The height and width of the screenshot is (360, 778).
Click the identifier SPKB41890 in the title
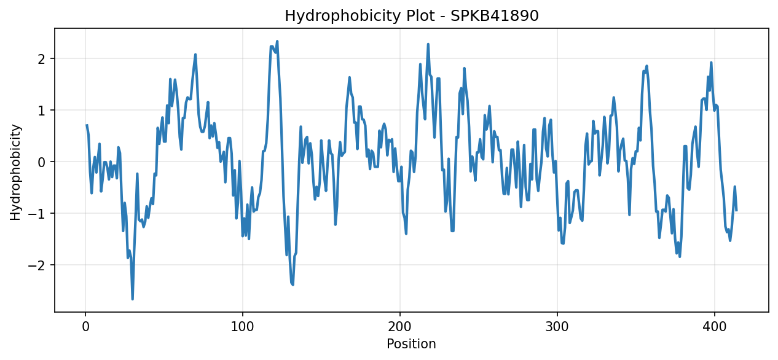tap(495, 16)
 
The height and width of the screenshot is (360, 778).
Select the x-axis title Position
tap(411, 344)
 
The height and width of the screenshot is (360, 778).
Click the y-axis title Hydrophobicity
tap(15, 172)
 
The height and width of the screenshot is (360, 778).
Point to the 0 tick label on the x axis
tap(85, 327)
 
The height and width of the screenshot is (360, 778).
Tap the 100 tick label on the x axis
tap(242, 327)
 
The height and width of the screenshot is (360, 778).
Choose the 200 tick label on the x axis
tap(400, 327)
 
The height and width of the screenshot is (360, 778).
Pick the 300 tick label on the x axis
tap(557, 327)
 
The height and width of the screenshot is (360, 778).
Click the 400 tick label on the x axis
tap(715, 327)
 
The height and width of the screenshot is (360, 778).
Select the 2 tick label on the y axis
tap(42, 59)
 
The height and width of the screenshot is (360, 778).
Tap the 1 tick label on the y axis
tap(42, 111)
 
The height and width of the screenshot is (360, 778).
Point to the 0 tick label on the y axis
tap(42, 162)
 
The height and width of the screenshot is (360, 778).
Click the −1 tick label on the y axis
tap(37, 214)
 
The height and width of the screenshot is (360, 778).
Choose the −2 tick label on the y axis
tap(37, 265)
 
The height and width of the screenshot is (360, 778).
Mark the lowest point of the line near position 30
tap(133, 299)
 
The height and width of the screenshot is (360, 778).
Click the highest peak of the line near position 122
tap(277, 41)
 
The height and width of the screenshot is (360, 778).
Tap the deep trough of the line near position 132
tap(293, 284)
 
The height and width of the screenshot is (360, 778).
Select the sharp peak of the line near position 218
tap(428, 44)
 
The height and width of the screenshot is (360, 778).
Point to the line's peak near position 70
tap(195, 55)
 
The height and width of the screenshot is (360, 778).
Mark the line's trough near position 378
tap(679, 257)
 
